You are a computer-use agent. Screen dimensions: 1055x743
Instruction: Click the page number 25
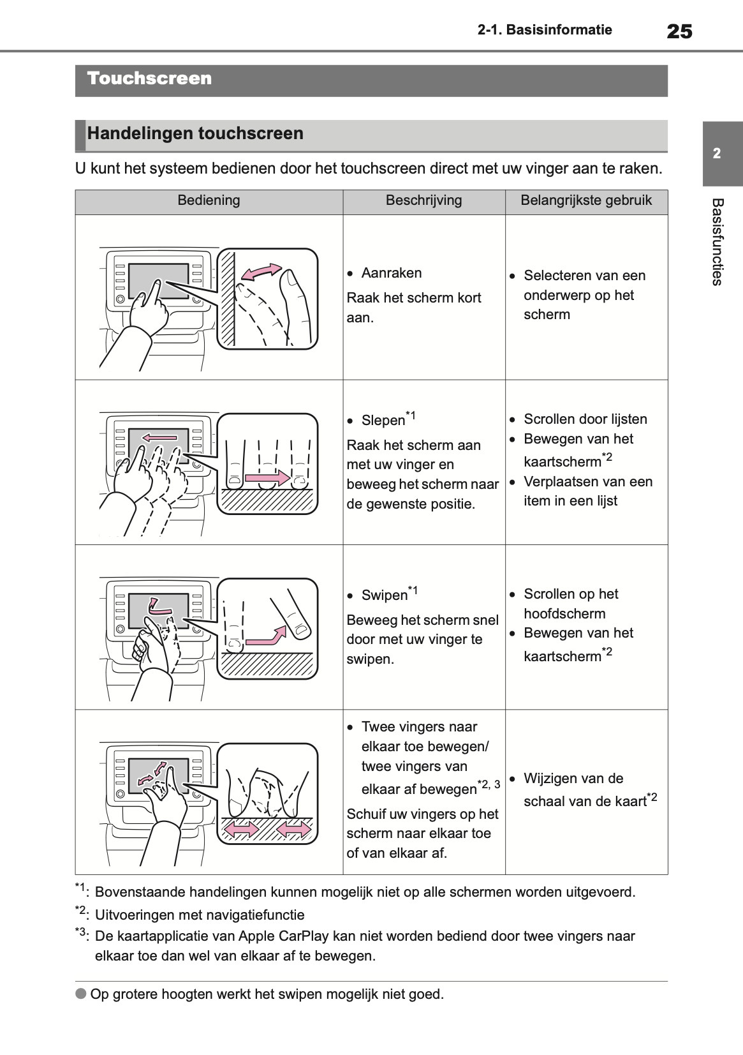(x=679, y=31)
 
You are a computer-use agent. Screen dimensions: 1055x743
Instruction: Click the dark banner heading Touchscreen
(x=149, y=79)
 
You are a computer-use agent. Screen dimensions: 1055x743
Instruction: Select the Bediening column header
(x=209, y=200)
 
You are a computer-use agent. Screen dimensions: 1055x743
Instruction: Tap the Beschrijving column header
(x=423, y=200)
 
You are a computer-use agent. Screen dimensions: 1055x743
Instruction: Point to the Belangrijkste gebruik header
(x=586, y=200)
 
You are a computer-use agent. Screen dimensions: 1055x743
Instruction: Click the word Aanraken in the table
(x=391, y=273)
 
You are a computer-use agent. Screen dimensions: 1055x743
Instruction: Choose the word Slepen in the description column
(x=383, y=420)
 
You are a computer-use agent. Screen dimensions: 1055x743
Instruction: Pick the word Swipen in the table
(x=384, y=595)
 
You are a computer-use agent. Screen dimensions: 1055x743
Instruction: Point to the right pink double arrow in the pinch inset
(x=294, y=830)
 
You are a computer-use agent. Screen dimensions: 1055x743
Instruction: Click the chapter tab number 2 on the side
(x=717, y=153)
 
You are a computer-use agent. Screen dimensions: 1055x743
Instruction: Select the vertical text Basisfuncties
(x=717, y=242)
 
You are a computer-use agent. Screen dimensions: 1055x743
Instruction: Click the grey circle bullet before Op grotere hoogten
(x=81, y=994)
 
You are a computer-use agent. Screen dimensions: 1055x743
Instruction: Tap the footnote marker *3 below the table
(x=82, y=934)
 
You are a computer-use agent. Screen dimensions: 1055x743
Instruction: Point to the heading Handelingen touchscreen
(x=195, y=133)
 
